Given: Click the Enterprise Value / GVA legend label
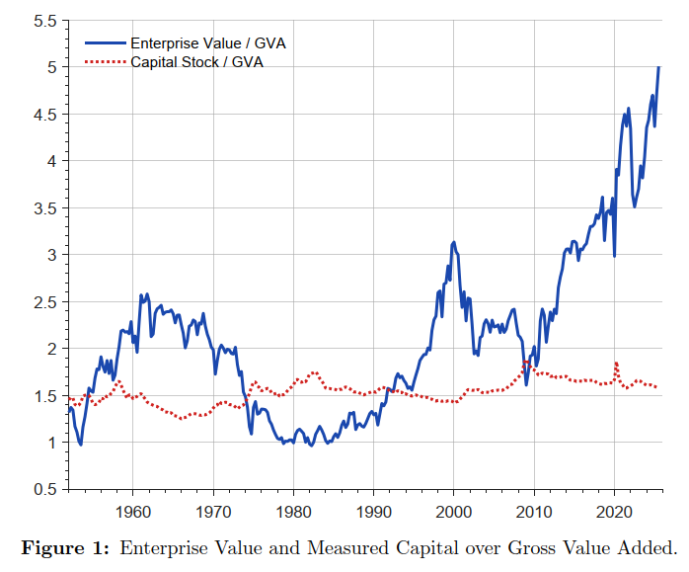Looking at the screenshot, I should (208, 43).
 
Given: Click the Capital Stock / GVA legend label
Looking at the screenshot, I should (197, 61).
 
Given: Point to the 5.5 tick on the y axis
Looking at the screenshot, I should (44, 20).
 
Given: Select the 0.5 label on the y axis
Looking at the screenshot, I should (44, 489).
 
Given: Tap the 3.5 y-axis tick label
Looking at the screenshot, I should (44, 207).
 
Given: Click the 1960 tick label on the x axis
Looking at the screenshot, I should (132, 512).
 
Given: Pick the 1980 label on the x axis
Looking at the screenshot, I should (293, 512).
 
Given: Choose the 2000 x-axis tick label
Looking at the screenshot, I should (453, 512).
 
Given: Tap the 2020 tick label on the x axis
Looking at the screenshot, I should (614, 512).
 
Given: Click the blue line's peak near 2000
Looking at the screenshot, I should (453, 241).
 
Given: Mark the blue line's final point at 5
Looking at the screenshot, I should (658, 67).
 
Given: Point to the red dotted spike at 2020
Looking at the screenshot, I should (616, 364).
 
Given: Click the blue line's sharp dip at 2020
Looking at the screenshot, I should (615, 256).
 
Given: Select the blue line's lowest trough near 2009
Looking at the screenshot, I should (526, 383).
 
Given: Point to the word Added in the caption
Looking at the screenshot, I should (648, 548).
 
